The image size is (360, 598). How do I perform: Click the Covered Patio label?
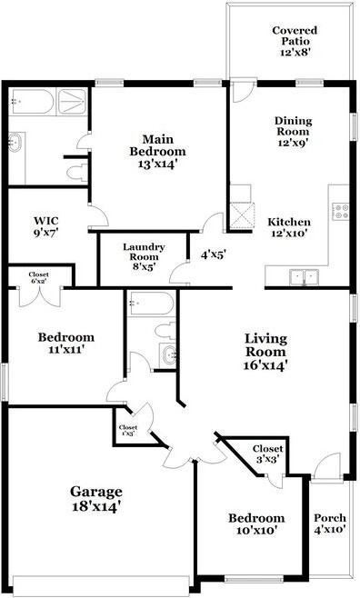pos(295,35)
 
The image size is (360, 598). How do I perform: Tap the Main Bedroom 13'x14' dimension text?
pos(158,164)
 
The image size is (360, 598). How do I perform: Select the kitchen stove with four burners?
pos(340,211)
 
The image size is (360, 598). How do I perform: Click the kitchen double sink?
pos(304,276)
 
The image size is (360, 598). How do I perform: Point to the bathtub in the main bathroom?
pos(32,101)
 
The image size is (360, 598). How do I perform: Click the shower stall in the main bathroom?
pos(72,102)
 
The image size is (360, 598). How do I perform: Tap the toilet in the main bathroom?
pos(77,173)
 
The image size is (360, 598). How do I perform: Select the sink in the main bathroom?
pos(15,143)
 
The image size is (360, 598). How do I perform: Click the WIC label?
pos(46,221)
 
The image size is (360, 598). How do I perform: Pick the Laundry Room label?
pos(144,252)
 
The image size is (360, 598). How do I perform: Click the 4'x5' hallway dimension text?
pos(214,254)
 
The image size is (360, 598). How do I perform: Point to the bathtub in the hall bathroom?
pos(152,304)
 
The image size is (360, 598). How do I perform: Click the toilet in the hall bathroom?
pos(165,331)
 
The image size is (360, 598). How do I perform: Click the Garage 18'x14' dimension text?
pos(96,506)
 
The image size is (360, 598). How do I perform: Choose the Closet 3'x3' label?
pos(267,453)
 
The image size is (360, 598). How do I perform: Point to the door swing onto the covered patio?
pos(243,92)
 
